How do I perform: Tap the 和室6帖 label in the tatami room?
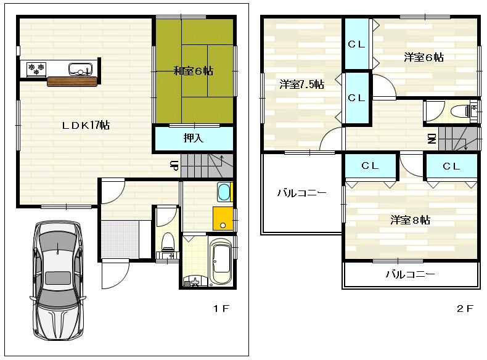pyautogui.click(x=193, y=71)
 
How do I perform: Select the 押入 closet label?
pyautogui.click(x=193, y=138)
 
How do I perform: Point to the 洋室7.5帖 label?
pyautogui.click(x=301, y=84)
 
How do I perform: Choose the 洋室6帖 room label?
pyautogui.click(x=424, y=57)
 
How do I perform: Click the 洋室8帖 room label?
pyautogui.click(x=410, y=219)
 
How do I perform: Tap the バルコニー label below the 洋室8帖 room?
pyautogui.click(x=411, y=274)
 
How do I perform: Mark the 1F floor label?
pyautogui.click(x=221, y=309)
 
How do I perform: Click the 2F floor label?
pyautogui.click(x=465, y=309)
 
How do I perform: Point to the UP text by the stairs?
pyautogui.click(x=174, y=165)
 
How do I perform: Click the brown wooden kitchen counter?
pyautogui.click(x=72, y=81)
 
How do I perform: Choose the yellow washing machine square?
pyautogui.click(x=223, y=218)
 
